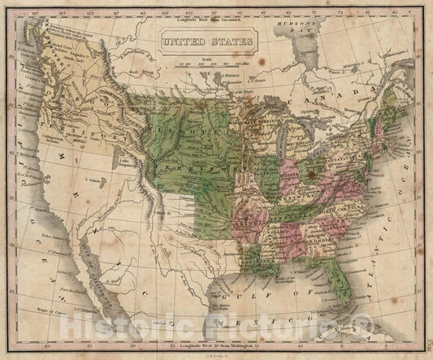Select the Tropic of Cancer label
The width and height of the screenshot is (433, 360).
[x=50, y=312]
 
